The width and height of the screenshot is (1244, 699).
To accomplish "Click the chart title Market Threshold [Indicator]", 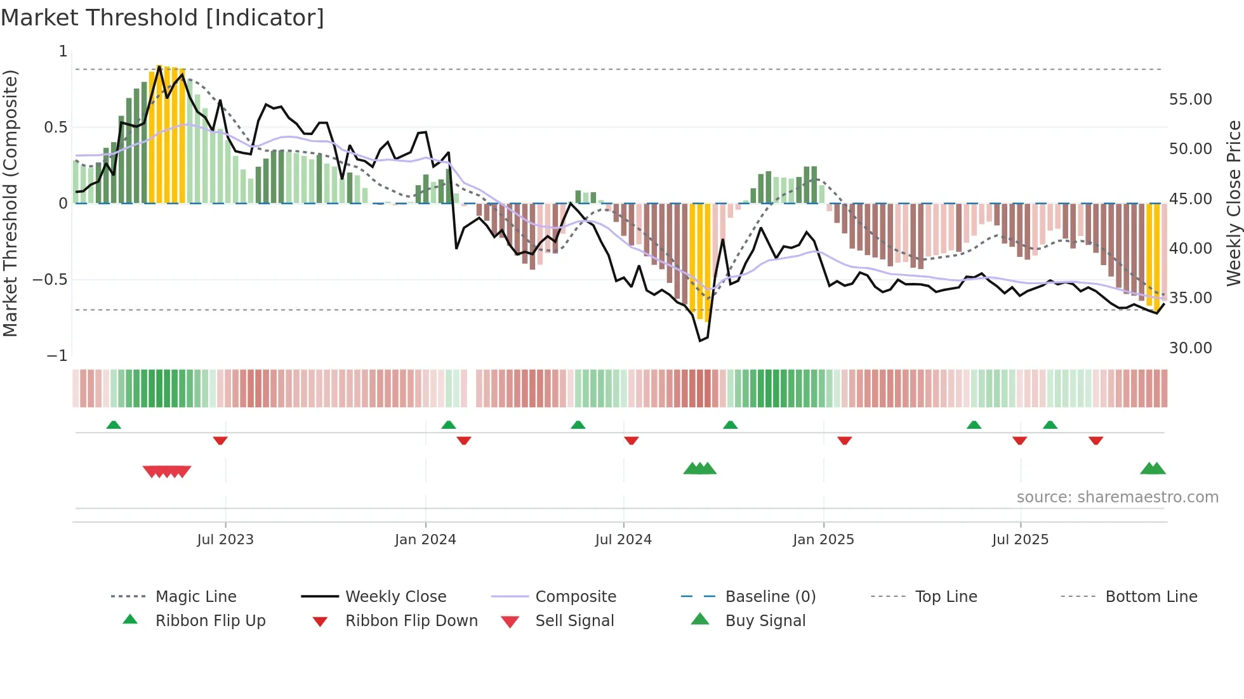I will (x=162, y=18).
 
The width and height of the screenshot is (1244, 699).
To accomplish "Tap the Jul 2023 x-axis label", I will (x=225, y=540).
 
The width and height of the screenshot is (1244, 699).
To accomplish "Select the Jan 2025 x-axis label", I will (x=823, y=540).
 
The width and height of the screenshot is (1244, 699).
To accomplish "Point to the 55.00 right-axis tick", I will (x=1190, y=100).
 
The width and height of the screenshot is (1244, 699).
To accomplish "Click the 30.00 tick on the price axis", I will (x=1190, y=348).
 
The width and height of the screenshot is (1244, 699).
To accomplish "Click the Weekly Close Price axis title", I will (x=1233, y=203).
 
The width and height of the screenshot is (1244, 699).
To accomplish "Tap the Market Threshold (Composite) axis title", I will (x=10, y=203).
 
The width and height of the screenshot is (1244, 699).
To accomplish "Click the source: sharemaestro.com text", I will (x=1117, y=497).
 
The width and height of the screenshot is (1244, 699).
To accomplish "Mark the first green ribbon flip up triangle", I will (x=114, y=425).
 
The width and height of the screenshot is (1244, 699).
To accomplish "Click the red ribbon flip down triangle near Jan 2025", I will (x=844, y=440).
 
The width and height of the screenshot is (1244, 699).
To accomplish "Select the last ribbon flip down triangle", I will (x=1095, y=440).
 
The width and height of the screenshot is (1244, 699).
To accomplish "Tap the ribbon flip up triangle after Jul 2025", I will (x=1050, y=425).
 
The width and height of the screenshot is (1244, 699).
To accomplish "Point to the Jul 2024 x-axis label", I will (x=623, y=540).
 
